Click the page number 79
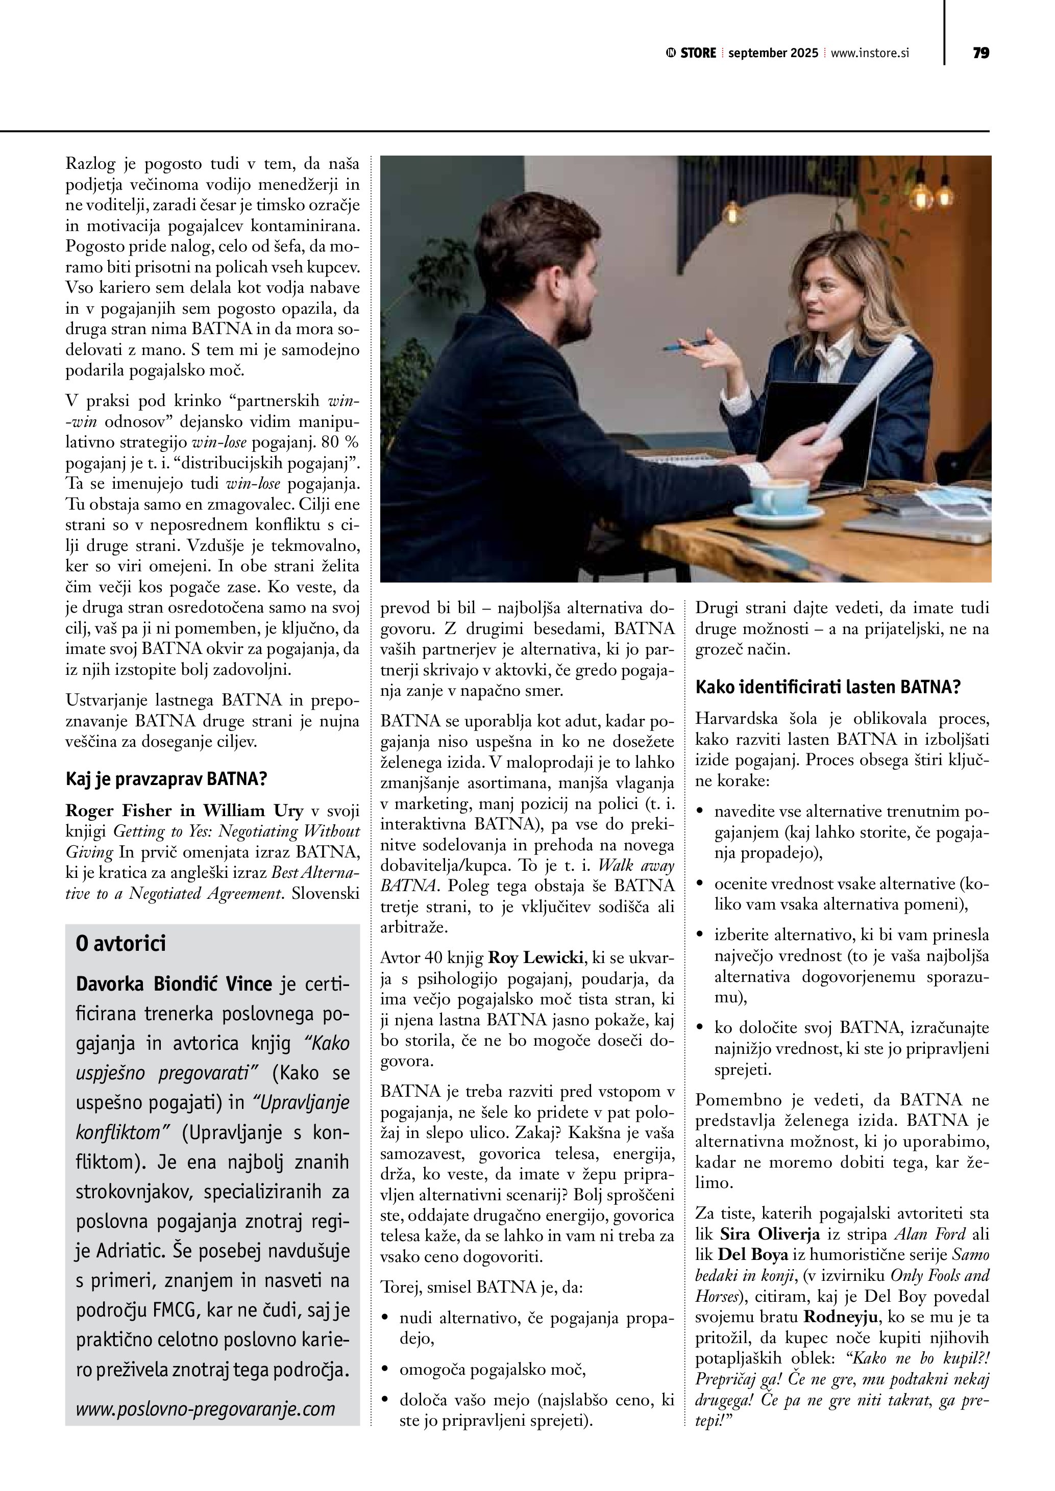(x=981, y=53)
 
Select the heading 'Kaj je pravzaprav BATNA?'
(x=166, y=778)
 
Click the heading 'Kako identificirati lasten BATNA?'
(x=828, y=687)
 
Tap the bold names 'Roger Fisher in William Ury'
(x=184, y=811)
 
